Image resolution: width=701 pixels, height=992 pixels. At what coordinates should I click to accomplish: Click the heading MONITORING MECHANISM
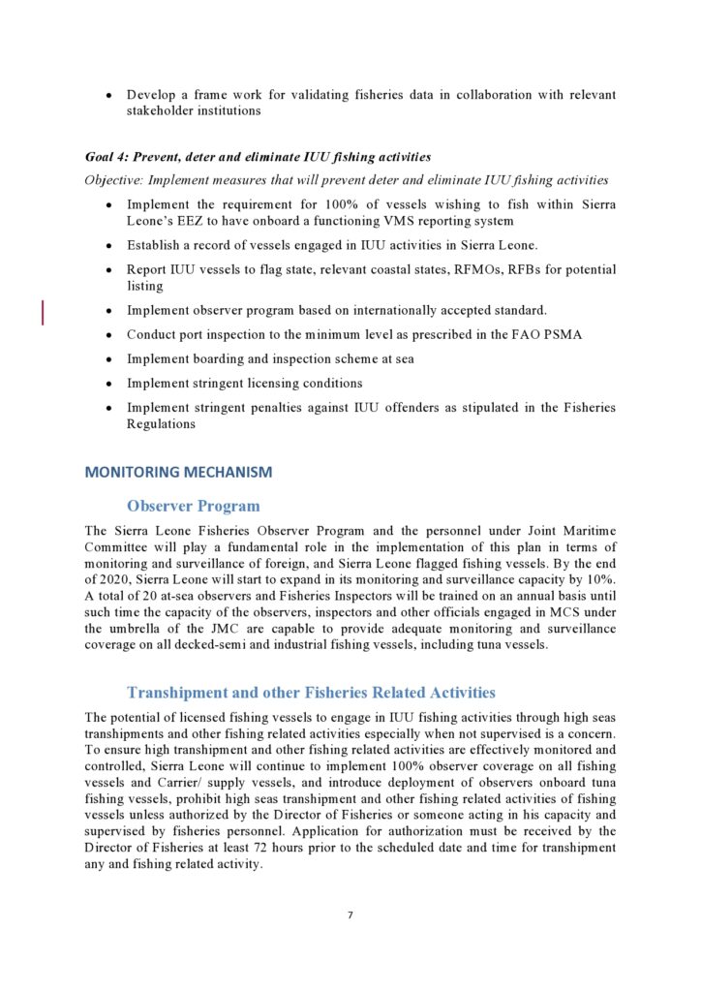click(x=178, y=473)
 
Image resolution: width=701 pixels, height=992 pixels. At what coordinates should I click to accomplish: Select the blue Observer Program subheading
click(x=193, y=506)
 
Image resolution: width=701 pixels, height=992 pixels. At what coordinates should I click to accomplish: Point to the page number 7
click(x=350, y=914)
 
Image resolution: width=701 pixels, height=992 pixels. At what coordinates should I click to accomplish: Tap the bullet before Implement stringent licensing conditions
click(x=108, y=384)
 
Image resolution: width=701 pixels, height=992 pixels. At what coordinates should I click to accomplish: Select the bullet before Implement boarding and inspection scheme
click(x=108, y=359)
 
